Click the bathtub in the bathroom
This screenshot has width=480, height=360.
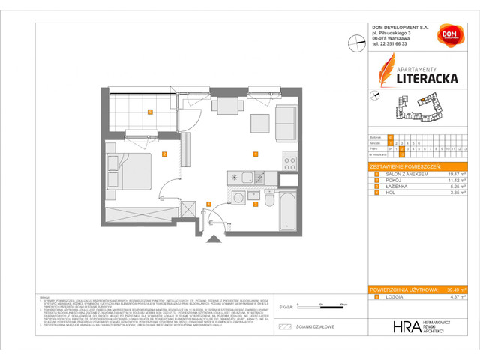286,212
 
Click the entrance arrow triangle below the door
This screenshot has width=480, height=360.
217,239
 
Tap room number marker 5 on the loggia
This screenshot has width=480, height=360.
151,112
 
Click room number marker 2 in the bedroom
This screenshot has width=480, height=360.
165,155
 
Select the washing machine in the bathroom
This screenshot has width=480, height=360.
238,199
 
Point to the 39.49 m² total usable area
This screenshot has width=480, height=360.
452,289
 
